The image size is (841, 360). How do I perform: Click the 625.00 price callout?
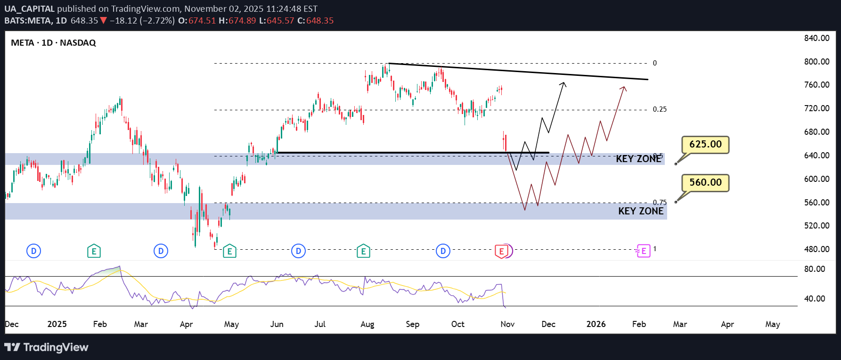pos(705,144)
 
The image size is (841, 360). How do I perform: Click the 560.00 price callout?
pos(705,182)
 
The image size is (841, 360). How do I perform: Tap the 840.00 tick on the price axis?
pos(817,38)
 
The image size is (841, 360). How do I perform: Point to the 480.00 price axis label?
pos(817,249)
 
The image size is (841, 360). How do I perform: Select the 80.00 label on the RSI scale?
pos(815,269)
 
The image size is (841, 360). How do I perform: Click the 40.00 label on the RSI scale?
pos(815,299)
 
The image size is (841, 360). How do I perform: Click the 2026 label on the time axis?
pos(596,324)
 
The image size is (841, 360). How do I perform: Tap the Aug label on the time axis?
pos(367,324)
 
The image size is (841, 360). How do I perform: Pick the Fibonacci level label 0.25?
pos(660,109)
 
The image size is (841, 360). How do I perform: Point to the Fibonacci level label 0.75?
pos(660,203)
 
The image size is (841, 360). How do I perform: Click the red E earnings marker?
pos(502,251)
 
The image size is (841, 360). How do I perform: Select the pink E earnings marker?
pos(644,251)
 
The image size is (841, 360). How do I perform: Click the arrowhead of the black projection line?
pos(563,83)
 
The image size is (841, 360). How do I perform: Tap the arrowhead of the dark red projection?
pos(624,88)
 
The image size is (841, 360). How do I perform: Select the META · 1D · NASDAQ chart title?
pos(53,43)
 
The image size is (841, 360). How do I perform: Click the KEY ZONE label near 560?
pos(641,211)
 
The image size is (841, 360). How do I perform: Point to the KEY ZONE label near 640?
pos(638,159)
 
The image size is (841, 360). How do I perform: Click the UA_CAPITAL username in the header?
pos(30,9)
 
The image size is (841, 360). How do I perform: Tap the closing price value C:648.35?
pos(316,21)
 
